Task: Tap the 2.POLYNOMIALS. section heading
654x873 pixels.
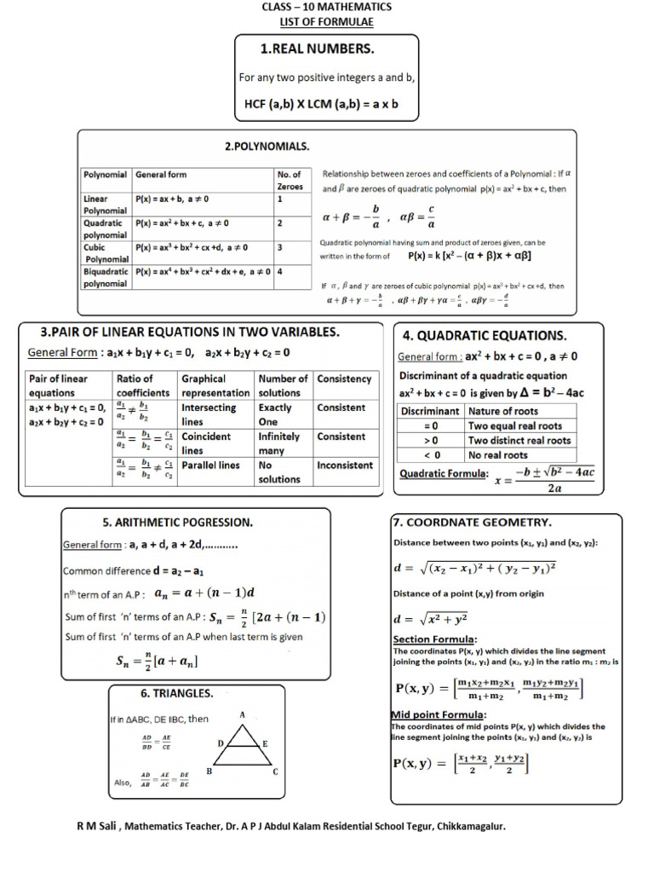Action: click(x=267, y=147)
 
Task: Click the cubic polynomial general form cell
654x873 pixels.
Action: click(x=192, y=247)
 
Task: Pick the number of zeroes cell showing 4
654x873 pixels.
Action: click(x=279, y=271)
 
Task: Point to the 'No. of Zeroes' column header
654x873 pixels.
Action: click(x=290, y=180)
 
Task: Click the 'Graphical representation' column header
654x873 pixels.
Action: click(x=215, y=385)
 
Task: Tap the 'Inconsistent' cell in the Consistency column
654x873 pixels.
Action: click(x=345, y=465)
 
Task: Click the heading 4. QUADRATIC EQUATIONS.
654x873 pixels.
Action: click(x=485, y=336)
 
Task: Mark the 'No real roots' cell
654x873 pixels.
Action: click(x=498, y=454)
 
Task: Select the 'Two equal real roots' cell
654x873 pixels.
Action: click(x=515, y=425)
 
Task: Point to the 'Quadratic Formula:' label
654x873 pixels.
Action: click(x=443, y=474)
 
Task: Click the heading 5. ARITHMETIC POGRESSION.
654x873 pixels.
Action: click(x=177, y=521)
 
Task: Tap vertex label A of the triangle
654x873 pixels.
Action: click(x=242, y=714)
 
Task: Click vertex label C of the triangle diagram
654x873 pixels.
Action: click(x=275, y=772)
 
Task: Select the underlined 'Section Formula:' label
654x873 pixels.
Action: click(x=434, y=639)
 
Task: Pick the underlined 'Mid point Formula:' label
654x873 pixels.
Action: click(x=439, y=714)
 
